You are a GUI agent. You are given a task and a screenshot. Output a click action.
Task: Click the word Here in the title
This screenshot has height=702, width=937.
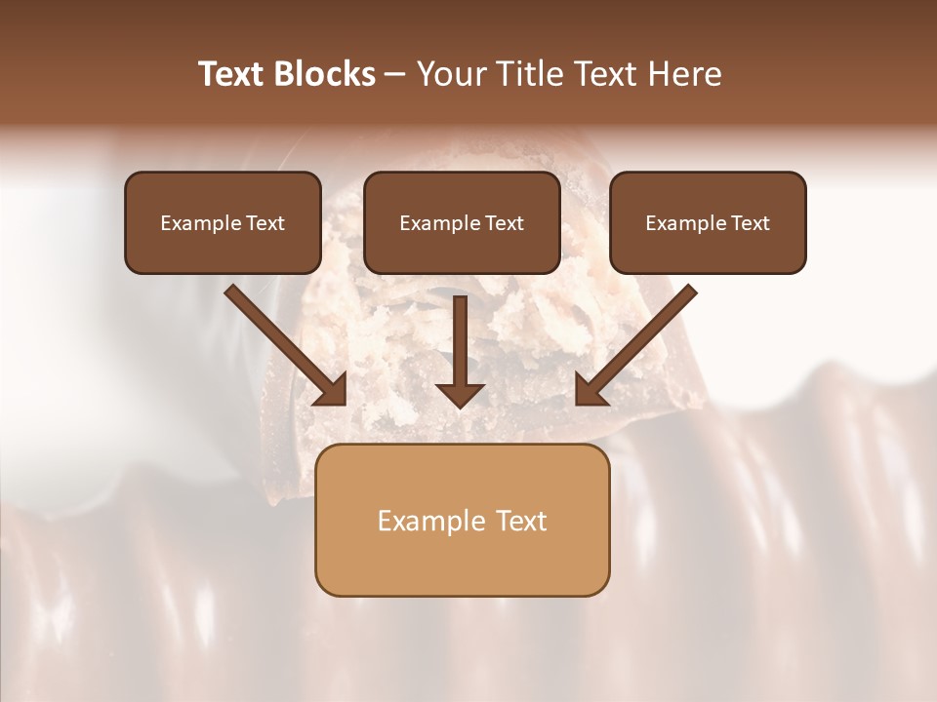(x=683, y=74)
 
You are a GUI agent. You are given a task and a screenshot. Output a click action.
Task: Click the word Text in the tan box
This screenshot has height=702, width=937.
(x=521, y=521)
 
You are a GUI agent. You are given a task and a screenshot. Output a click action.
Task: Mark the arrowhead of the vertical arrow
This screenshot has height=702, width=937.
(x=460, y=394)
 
